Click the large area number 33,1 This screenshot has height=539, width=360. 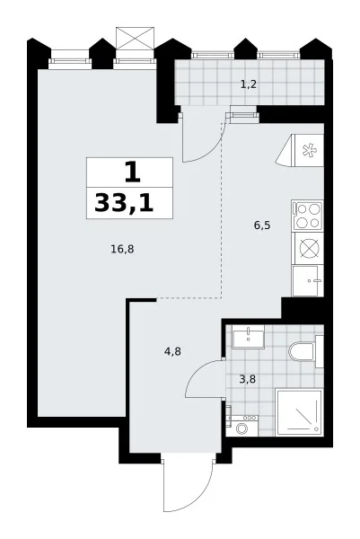point(124,203)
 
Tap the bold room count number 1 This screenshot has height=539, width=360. point(132,172)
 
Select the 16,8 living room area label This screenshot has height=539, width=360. point(122,249)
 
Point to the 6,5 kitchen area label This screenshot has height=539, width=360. point(262,225)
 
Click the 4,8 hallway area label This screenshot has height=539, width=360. point(172,351)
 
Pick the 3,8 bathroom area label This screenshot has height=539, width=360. point(247,379)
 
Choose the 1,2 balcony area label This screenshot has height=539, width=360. point(249,84)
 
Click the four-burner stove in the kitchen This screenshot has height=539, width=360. point(307,216)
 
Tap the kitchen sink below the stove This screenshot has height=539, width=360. point(307,280)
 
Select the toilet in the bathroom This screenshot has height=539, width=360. point(303,351)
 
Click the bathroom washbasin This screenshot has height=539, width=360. point(248,337)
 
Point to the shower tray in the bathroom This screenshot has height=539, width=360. point(299,412)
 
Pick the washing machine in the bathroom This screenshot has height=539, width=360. point(243,426)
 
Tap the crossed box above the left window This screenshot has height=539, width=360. point(135,38)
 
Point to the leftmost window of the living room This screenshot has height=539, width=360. point(70,60)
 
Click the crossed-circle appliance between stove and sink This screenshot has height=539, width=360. point(309,248)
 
